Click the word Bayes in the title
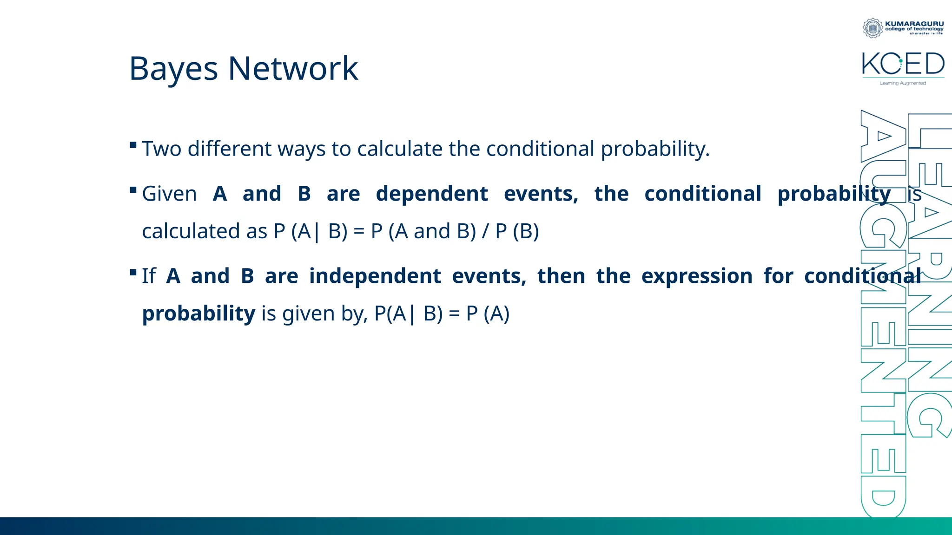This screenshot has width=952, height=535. pyautogui.click(x=173, y=69)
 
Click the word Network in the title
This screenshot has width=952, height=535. pyautogui.click(x=293, y=69)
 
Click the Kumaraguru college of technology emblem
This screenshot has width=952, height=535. pyautogui.click(x=873, y=28)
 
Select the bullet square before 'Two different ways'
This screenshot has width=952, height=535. pyautogui.click(x=133, y=145)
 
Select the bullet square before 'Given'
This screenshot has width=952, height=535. pyautogui.click(x=133, y=190)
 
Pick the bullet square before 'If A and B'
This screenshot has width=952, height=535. pyautogui.click(x=133, y=272)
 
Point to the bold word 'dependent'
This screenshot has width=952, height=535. pyautogui.click(x=432, y=194)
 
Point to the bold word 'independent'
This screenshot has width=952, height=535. pyautogui.click(x=375, y=276)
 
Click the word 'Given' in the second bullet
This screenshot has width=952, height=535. pyautogui.click(x=169, y=194)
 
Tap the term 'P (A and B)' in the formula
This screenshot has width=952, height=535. pyautogui.click(x=423, y=231)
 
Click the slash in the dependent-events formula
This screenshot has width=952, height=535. pyautogui.click(x=485, y=231)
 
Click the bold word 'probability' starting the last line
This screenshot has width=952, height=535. pyautogui.click(x=198, y=313)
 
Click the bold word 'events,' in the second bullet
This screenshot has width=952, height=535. pyautogui.click(x=541, y=194)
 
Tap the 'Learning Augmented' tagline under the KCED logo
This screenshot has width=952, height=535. pyautogui.click(x=903, y=83)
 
